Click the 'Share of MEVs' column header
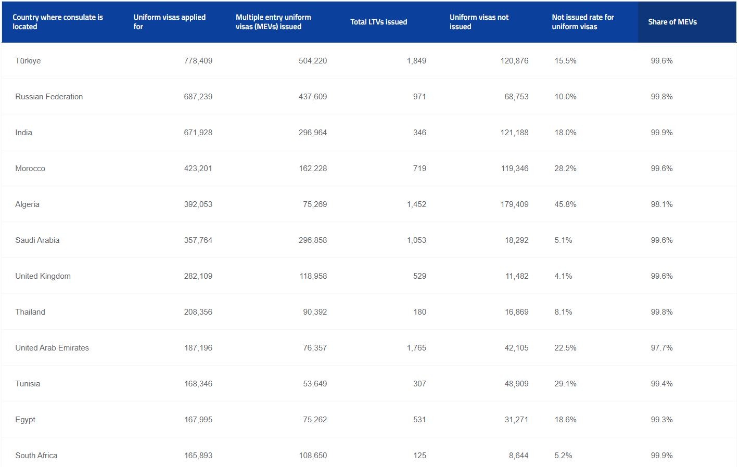click(x=672, y=22)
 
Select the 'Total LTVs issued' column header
click(x=378, y=22)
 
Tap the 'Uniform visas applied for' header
click(x=169, y=22)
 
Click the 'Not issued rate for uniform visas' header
click(x=582, y=22)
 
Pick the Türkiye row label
click(x=28, y=61)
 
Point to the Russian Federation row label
click(x=49, y=97)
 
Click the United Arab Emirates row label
click(x=52, y=348)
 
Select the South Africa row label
click(x=36, y=456)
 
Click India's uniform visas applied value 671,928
click(x=198, y=133)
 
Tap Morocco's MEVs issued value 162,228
click(x=313, y=168)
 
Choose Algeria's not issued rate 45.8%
click(x=565, y=204)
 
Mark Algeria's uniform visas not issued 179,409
click(x=514, y=204)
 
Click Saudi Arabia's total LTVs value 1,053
click(x=416, y=240)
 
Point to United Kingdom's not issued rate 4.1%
click(x=563, y=276)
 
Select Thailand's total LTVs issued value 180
click(x=419, y=312)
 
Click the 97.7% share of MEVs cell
click(x=661, y=348)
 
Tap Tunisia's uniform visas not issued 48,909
click(x=516, y=384)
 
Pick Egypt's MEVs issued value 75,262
click(x=315, y=420)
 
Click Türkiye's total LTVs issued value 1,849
click(x=416, y=61)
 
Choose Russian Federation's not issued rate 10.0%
click(x=565, y=97)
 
